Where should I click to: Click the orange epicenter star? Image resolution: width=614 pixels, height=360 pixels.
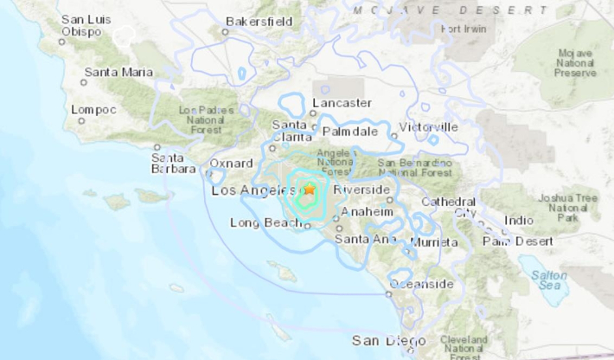(x=310, y=189)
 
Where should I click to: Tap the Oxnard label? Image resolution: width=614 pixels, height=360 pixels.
(x=232, y=164)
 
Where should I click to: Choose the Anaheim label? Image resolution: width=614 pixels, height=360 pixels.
(x=368, y=211)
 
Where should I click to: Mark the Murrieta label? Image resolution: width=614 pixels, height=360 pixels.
(x=434, y=242)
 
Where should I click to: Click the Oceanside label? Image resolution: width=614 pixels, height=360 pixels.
(x=421, y=284)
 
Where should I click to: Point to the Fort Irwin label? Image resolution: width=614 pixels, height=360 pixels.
(x=464, y=29)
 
